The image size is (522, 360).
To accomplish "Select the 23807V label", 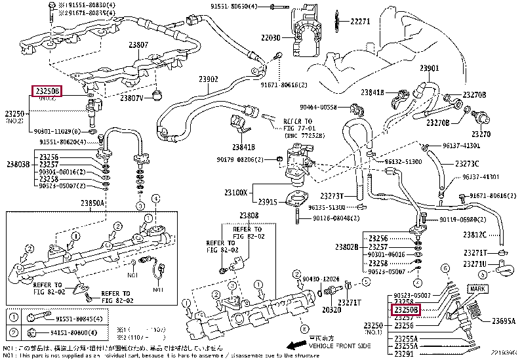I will [131, 98].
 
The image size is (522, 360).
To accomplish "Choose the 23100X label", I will [235, 193].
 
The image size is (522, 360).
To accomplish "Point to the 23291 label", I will [407, 355].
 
